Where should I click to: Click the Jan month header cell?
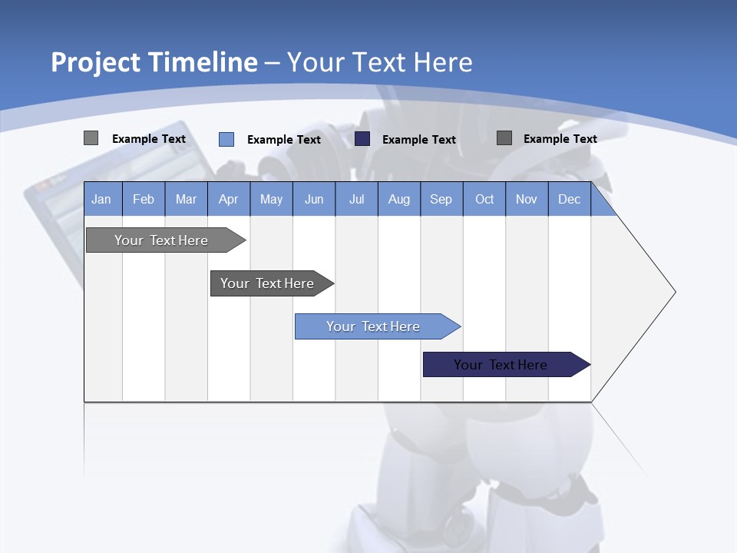(x=101, y=199)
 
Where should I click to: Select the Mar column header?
(x=186, y=199)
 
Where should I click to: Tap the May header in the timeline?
(x=271, y=199)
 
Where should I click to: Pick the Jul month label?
(x=356, y=199)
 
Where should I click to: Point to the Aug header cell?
(x=398, y=199)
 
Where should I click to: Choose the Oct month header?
(x=484, y=199)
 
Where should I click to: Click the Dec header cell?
(x=569, y=199)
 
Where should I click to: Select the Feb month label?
(x=144, y=199)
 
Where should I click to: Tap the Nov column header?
(x=527, y=199)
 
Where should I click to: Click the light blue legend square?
(x=226, y=139)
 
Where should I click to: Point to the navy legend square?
(x=362, y=139)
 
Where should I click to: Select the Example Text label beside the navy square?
(x=419, y=140)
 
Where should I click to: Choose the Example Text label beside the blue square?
(x=284, y=140)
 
